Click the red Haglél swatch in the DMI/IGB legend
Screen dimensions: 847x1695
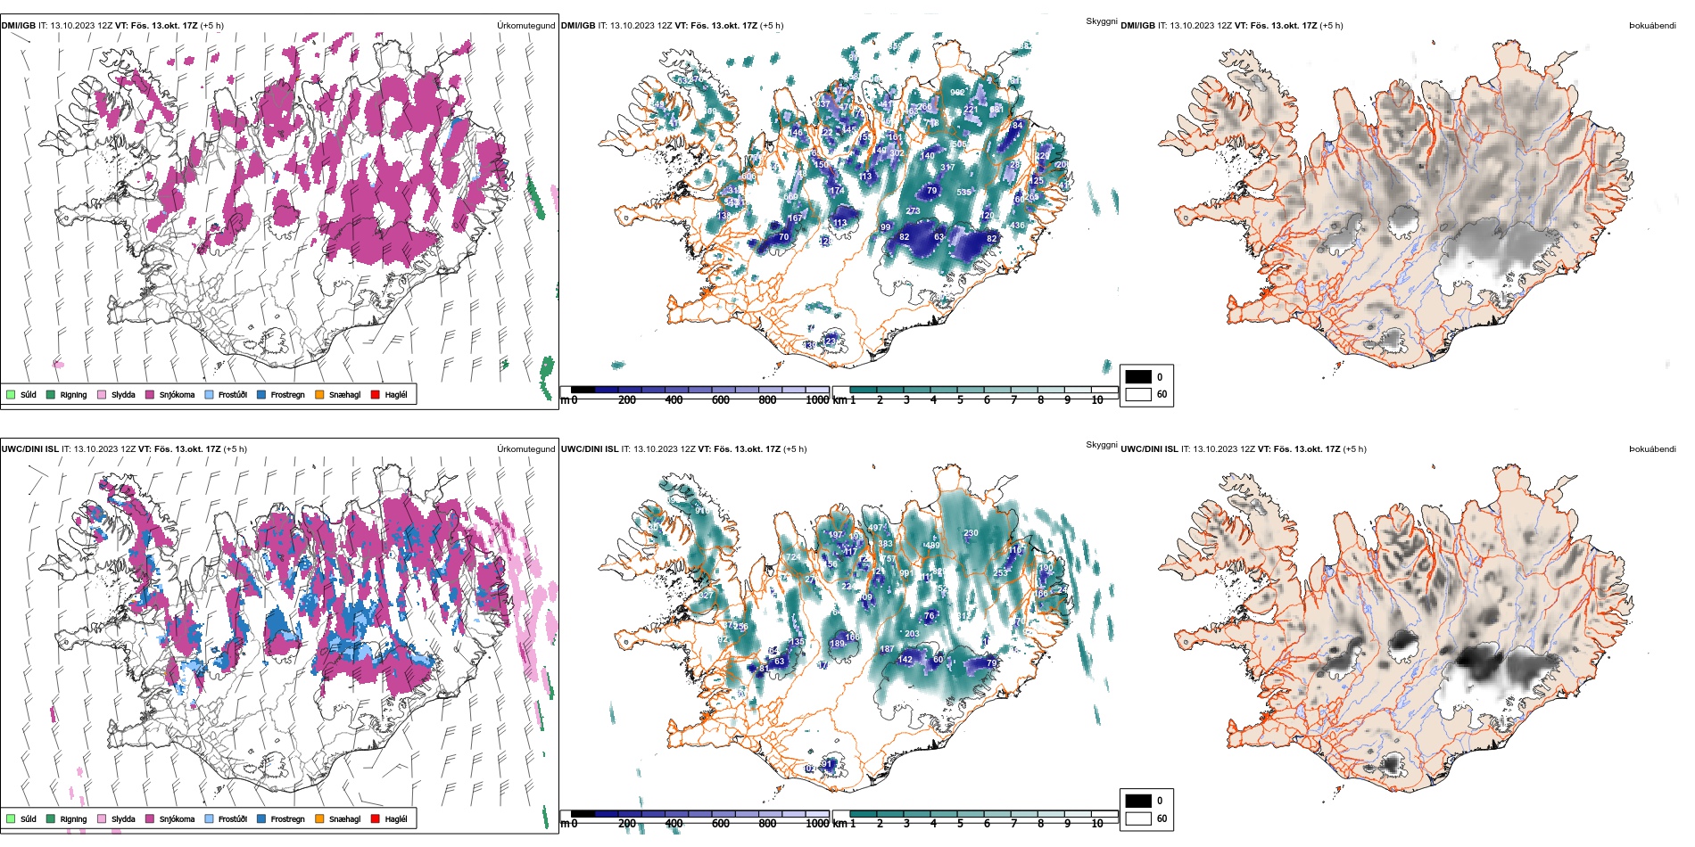pos(376,394)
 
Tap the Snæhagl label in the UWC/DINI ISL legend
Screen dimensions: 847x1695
pos(344,818)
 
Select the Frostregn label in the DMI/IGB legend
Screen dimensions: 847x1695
pos(287,394)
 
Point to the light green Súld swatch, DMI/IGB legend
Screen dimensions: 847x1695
pos(11,394)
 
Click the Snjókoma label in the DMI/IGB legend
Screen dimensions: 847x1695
pos(177,394)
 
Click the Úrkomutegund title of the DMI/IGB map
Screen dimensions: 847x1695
pos(525,26)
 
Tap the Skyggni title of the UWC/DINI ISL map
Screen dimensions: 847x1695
pos(1101,444)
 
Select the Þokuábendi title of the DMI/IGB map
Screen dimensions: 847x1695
pos(1652,26)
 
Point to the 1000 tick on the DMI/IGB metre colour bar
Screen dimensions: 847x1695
pos(816,400)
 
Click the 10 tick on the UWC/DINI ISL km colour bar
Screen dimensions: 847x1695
pos(1097,824)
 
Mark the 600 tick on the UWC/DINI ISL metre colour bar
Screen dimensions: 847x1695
pos(721,824)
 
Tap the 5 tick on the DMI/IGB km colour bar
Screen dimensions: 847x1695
pos(960,400)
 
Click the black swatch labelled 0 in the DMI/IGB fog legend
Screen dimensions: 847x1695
pos(1138,376)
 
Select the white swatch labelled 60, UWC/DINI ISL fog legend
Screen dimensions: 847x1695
pos(1138,818)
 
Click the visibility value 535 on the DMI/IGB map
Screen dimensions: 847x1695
pos(963,192)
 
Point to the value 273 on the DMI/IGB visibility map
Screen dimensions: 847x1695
pos(913,211)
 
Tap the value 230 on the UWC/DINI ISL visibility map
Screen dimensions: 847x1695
pos(971,533)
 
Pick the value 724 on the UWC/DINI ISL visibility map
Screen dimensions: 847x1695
pos(792,557)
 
